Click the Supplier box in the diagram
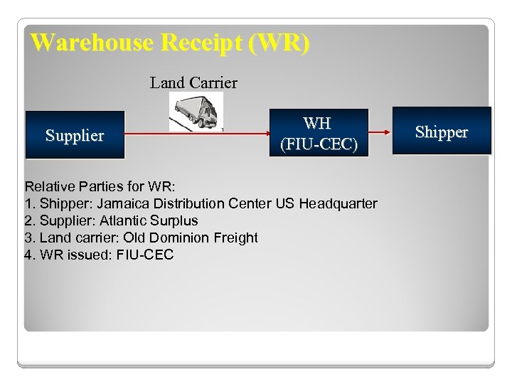pyautogui.click(x=75, y=135)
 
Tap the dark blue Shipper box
pyautogui.click(x=442, y=132)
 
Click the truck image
pyautogui.click(x=196, y=112)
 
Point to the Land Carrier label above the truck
pyautogui.click(x=193, y=83)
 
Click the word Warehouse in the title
pyautogui.click(x=92, y=43)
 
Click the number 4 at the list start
pyautogui.click(x=28, y=255)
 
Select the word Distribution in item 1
pyautogui.click(x=181, y=203)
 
